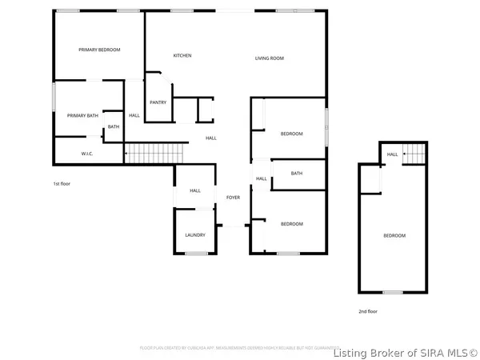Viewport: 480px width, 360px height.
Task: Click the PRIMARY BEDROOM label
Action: coord(99,50)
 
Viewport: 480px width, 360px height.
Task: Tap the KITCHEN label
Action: coord(182,55)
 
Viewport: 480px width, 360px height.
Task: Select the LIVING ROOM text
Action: coord(270,58)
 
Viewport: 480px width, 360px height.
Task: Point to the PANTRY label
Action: coord(158,102)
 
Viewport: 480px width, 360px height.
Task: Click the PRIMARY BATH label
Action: coord(82,115)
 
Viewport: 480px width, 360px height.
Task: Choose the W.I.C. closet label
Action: coord(88,153)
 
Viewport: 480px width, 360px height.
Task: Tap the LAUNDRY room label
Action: coord(195,234)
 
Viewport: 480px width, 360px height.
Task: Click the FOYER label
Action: coord(233,197)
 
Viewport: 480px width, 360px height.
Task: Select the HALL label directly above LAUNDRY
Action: coord(195,190)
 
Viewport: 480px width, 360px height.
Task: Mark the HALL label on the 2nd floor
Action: coord(392,154)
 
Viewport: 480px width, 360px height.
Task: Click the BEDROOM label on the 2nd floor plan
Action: coord(394,235)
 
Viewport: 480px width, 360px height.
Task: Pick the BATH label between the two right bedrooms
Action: coord(297,174)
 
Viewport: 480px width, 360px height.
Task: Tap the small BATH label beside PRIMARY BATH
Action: coord(114,126)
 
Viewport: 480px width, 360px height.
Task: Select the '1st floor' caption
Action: coord(62,183)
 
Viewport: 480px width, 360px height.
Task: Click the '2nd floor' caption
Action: coord(367,311)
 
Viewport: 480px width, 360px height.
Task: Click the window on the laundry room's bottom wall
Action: coord(196,253)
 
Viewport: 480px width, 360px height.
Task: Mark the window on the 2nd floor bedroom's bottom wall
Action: coord(392,291)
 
